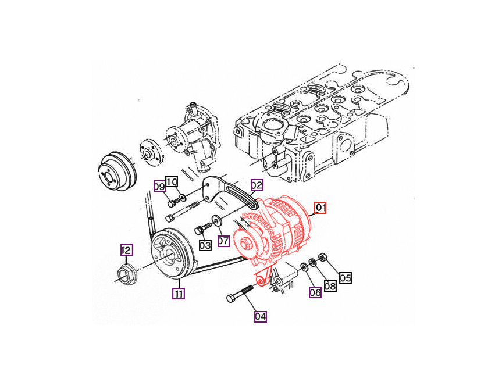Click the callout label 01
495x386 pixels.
[x=320, y=208]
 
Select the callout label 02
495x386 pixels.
[x=257, y=185]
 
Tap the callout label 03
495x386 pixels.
[x=205, y=245]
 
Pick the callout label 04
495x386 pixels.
[x=260, y=317]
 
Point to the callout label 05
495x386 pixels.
[x=346, y=278]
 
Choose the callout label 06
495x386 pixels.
[x=315, y=292]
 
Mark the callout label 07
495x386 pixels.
[x=223, y=240]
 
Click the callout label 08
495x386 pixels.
[x=330, y=285]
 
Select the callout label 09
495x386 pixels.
[x=159, y=187]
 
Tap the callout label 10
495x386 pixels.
[x=172, y=181]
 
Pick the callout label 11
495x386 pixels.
[x=178, y=294]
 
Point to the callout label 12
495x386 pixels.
[x=126, y=251]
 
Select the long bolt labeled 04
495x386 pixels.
[x=239, y=294]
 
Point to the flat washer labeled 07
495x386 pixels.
[x=218, y=220]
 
